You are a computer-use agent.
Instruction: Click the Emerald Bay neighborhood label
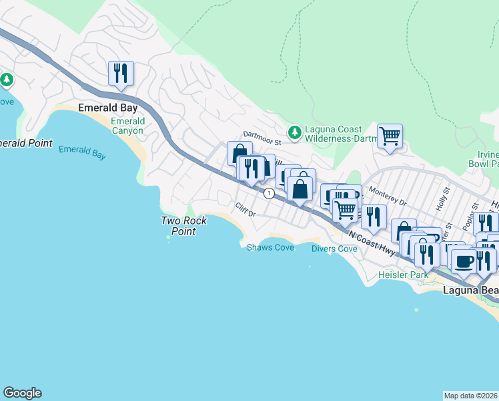tap(107, 108)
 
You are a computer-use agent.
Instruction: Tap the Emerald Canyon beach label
tap(127, 126)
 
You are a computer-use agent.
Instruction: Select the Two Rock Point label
tap(183, 226)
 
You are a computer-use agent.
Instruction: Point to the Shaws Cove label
tap(270, 247)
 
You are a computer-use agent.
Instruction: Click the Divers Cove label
tap(334, 249)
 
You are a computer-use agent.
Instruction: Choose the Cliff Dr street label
tap(245, 210)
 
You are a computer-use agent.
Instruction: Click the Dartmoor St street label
tap(262, 136)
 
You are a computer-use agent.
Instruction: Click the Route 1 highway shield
tap(268, 193)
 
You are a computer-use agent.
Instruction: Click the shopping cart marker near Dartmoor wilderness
tap(390, 136)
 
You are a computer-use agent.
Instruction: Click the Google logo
tap(22, 393)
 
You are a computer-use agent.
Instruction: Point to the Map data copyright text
tap(470, 396)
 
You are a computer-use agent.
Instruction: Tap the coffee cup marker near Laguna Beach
tap(464, 261)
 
